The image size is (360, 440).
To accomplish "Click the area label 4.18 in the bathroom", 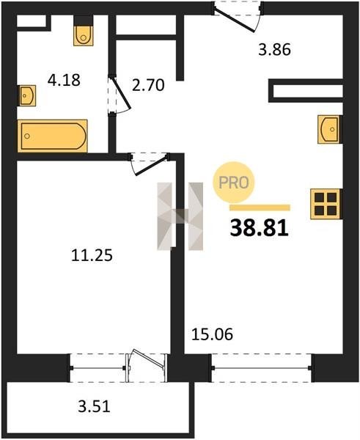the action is click(x=64, y=80).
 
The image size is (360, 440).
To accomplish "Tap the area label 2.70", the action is click(x=148, y=85).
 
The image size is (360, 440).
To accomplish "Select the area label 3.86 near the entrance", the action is click(x=274, y=50).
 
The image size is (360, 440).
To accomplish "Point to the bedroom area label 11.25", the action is click(x=92, y=255).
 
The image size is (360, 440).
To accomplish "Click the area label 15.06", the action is click(x=212, y=334).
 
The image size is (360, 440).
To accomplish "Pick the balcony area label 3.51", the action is click(x=94, y=406).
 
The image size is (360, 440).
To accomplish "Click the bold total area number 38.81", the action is click(x=260, y=228).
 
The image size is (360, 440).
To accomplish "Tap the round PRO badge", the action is click(x=233, y=183).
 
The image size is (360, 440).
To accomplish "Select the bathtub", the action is click(x=53, y=136).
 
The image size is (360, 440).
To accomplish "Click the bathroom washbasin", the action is click(x=26, y=95).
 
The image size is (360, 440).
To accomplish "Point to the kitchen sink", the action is click(x=329, y=129).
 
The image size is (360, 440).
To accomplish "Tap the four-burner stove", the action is click(x=326, y=204).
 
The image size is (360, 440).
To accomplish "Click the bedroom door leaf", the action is click(x=152, y=166).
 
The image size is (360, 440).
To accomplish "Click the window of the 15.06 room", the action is click(x=261, y=368).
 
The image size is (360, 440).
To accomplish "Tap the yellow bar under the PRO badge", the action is click(x=260, y=208).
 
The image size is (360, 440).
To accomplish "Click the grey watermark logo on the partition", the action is click(x=180, y=216).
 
